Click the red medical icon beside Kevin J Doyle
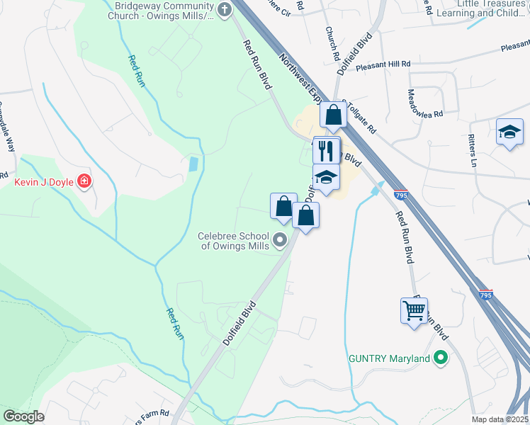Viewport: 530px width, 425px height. coord(84,181)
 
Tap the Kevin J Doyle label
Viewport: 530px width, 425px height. coord(44,181)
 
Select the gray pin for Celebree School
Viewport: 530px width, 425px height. coord(280,240)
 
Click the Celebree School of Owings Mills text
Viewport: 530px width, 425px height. coord(235,241)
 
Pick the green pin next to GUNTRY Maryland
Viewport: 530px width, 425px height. coord(441,358)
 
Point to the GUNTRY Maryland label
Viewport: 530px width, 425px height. coord(389,358)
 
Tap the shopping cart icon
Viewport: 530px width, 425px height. coord(414,310)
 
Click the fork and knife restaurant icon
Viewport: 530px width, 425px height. coord(326,150)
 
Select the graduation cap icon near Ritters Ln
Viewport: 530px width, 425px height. coord(509,133)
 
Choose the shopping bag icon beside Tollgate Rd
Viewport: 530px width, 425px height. coord(333,115)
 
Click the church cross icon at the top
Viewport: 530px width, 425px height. coord(225,9)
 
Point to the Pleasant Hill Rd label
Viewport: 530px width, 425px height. coord(383,64)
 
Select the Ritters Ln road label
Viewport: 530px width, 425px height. coord(473,149)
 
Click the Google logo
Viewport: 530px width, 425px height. coord(23,416)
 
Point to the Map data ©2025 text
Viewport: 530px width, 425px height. coord(500,419)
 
